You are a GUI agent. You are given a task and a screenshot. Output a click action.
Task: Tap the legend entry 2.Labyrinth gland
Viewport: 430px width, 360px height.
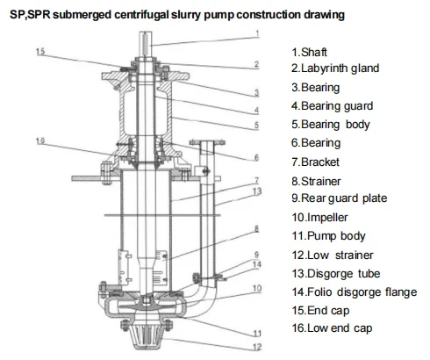point(340,68)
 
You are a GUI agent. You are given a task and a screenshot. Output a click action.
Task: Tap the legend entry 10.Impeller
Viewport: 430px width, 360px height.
point(325,217)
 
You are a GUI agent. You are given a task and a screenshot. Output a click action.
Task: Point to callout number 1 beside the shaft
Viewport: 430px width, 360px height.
point(258,35)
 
